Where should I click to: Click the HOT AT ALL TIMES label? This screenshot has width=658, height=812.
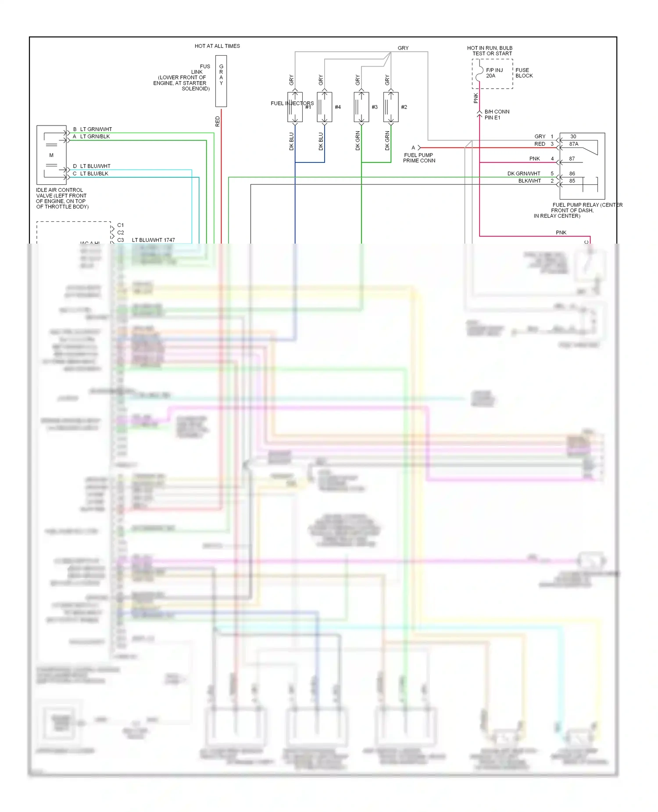coord(217,46)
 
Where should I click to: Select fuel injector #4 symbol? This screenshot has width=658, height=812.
coord(325,107)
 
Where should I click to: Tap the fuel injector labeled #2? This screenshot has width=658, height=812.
coord(391,107)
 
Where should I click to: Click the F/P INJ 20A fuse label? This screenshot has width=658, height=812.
coord(494,73)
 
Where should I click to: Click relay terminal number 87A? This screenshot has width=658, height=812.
coord(573,144)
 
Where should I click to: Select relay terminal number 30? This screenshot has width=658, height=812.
coord(573,137)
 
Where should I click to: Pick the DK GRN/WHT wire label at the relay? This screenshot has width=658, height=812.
coord(524,173)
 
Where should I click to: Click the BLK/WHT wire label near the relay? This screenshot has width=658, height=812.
coord(529,181)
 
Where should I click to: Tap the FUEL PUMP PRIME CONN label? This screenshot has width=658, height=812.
coord(419,158)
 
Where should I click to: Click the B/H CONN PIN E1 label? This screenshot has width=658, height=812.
coord(497,115)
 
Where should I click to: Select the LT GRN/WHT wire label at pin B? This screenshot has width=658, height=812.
coord(96,129)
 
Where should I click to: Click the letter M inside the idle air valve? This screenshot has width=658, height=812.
coord(51,155)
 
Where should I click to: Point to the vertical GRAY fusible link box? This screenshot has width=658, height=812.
coord(221,81)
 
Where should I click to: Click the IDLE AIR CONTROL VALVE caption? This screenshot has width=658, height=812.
coord(62,198)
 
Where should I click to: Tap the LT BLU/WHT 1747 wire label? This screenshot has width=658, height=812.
coord(153,240)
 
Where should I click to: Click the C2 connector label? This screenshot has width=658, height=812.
coord(121,233)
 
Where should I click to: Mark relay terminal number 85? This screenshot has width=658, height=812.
coord(572,181)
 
